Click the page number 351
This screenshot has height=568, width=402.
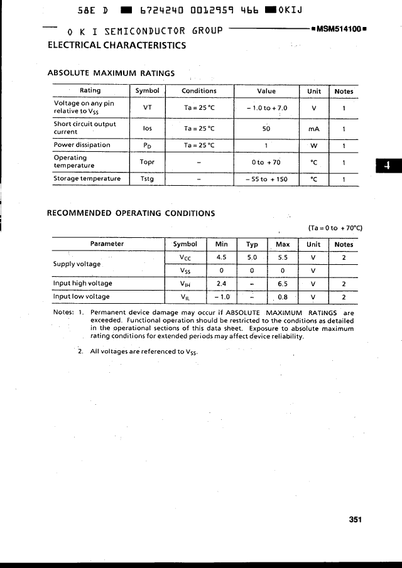(356, 520)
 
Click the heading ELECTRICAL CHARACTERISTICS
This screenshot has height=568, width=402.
(117, 45)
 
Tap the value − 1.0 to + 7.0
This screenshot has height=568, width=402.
(266, 108)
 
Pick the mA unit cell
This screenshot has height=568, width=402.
(313, 129)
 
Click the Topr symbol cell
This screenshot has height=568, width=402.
(146, 161)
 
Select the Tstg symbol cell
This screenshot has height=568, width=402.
(146, 179)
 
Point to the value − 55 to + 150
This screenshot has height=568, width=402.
(266, 179)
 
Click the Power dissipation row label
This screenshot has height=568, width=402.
(82, 145)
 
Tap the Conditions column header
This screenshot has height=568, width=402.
(198, 91)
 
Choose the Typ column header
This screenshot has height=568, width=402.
(252, 244)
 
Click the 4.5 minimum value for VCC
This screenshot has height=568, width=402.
(221, 257)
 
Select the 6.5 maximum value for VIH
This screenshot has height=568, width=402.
(283, 284)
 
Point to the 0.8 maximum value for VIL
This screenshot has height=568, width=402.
(283, 297)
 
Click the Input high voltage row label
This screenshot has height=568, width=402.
(83, 284)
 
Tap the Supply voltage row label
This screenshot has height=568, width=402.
(77, 264)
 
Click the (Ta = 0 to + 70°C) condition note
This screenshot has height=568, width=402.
(335, 228)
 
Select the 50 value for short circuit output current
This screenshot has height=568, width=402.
(266, 129)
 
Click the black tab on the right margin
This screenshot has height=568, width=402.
(388, 165)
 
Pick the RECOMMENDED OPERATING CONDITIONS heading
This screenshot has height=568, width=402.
(131, 213)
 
